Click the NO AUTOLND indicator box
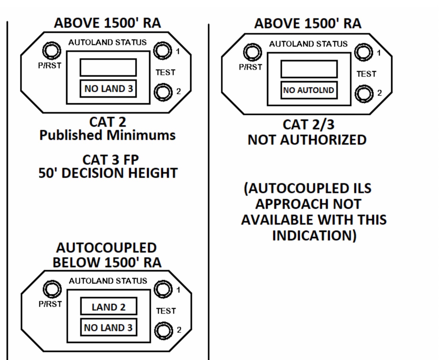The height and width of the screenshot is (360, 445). click(309, 90)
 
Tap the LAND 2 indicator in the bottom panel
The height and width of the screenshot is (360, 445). click(109, 307)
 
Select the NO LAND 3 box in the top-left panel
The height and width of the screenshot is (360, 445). click(108, 88)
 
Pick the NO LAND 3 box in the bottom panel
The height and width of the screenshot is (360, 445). click(108, 328)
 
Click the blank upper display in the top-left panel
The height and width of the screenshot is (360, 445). click(108, 67)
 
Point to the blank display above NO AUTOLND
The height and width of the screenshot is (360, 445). click(309, 69)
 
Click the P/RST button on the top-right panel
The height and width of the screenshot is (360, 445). click(252, 52)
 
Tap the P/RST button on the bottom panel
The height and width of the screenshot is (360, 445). click(52, 289)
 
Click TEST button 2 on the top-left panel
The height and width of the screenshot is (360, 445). click(163, 92)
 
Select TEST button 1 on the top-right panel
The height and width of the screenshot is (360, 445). click(363, 52)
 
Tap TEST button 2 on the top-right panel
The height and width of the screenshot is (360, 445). click(364, 94)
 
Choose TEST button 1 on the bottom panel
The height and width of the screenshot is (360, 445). click(163, 289)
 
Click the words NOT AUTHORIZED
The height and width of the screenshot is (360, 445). click(307, 140)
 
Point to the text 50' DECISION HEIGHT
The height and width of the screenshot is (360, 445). click(108, 173)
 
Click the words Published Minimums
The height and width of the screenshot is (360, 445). click(107, 135)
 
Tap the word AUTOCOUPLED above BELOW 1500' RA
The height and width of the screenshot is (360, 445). click(106, 248)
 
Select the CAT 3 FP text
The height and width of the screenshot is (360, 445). click(110, 160)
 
